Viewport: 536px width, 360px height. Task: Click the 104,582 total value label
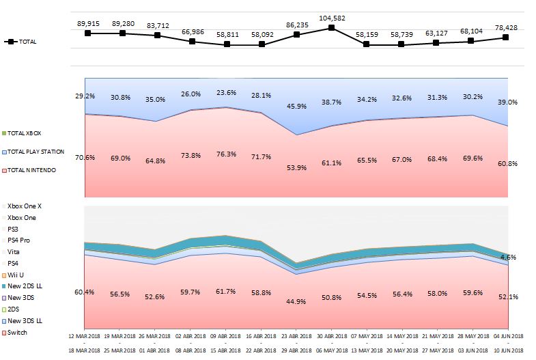(x=331, y=18)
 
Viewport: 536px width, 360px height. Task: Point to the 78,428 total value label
(x=505, y=27)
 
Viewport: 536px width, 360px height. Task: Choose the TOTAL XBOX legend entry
(x=25, y=133)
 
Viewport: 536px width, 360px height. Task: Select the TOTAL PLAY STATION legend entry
(x=36, y=151)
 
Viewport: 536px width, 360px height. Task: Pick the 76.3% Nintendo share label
(x=226, y=154)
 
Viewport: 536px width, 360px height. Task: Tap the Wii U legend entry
(x=16, y=275)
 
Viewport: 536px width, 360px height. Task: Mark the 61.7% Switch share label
(x=225, y=291)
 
